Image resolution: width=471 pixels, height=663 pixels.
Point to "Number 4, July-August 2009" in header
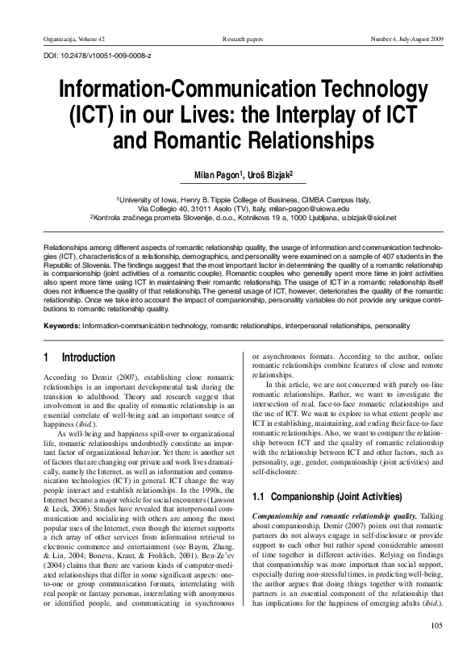(406, 39)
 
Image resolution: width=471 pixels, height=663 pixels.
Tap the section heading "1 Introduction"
(78, 357)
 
